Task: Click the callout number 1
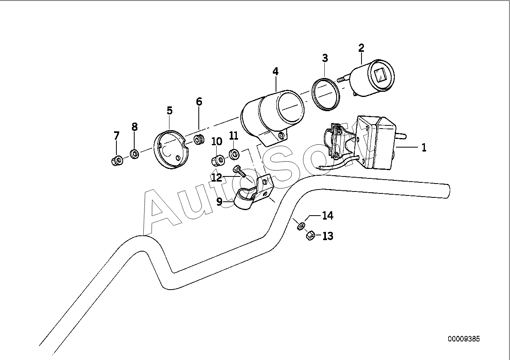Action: tap(424, 148)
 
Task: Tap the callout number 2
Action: tap(362, 48)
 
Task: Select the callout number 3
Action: tap(325, 58)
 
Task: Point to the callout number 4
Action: tap(276, 72)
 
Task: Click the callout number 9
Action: tap(219, 202)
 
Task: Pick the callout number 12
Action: tap(217, 177)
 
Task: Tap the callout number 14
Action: tap(328, 215)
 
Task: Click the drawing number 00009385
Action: tap(464, 345)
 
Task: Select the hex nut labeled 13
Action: tap(310, 235)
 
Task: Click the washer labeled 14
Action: tap(301, 226)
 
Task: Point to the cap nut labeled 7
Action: tap(117, 160)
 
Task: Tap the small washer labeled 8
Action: tap(135, 154)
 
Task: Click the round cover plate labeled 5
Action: tap(171, 149)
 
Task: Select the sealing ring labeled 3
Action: tap(325, 95)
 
